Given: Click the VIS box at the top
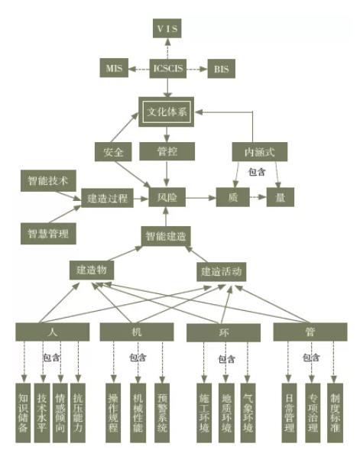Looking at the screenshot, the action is (x=167, y=28).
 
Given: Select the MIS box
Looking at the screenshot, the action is (x=114, y=68).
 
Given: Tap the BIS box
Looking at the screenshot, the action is (x=222, y=69).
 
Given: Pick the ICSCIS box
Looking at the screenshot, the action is (x=168, y=68).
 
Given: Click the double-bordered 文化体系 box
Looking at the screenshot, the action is (x=167, y=112).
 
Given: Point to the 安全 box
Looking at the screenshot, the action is (x=113, y=152).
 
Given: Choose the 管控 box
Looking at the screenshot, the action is (x=167, y=151).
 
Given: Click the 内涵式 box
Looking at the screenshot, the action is (x=260, y=151).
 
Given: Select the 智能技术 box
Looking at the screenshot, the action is (x=48, y=181).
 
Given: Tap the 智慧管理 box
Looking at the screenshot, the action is (x=48, y=234).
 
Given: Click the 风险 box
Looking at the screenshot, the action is (x=167, y=197).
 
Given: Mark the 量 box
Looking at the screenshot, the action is (x=281, y=197).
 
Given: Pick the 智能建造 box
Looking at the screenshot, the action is (x=166, y=236).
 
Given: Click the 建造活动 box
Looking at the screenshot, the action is (x=222, y=271).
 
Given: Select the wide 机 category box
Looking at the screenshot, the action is (x=137, y=332).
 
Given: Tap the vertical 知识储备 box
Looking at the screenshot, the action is (x=23, y=413).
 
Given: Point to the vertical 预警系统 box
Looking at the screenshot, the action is (x=162, y=413).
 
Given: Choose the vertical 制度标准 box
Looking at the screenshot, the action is (x=335, y=413).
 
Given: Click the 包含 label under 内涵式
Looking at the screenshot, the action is (x=257, y=172).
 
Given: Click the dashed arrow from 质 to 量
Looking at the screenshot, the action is (x=258, y=197).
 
